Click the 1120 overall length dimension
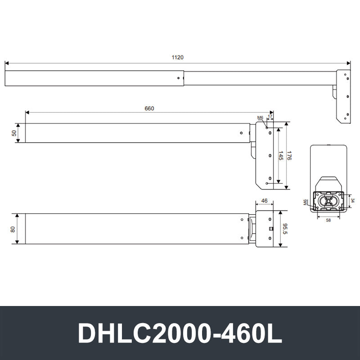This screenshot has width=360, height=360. click(x=177, y=58)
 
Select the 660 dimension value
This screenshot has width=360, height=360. click(x=149, y=108)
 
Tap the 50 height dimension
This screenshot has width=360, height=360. click(x=14, y=133)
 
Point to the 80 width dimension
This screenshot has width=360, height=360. click(x=13, y=229)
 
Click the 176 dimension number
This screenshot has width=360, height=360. click(x=289, y=155)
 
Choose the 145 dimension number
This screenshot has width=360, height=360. click(x=280, y=155)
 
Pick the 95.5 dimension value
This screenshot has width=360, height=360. click(x=285, y=229)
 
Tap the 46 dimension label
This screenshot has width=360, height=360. click(x=264, y=201)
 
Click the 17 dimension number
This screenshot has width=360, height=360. click(x=270, y=116)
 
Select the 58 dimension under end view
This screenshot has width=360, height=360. click(x=328, y=220)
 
